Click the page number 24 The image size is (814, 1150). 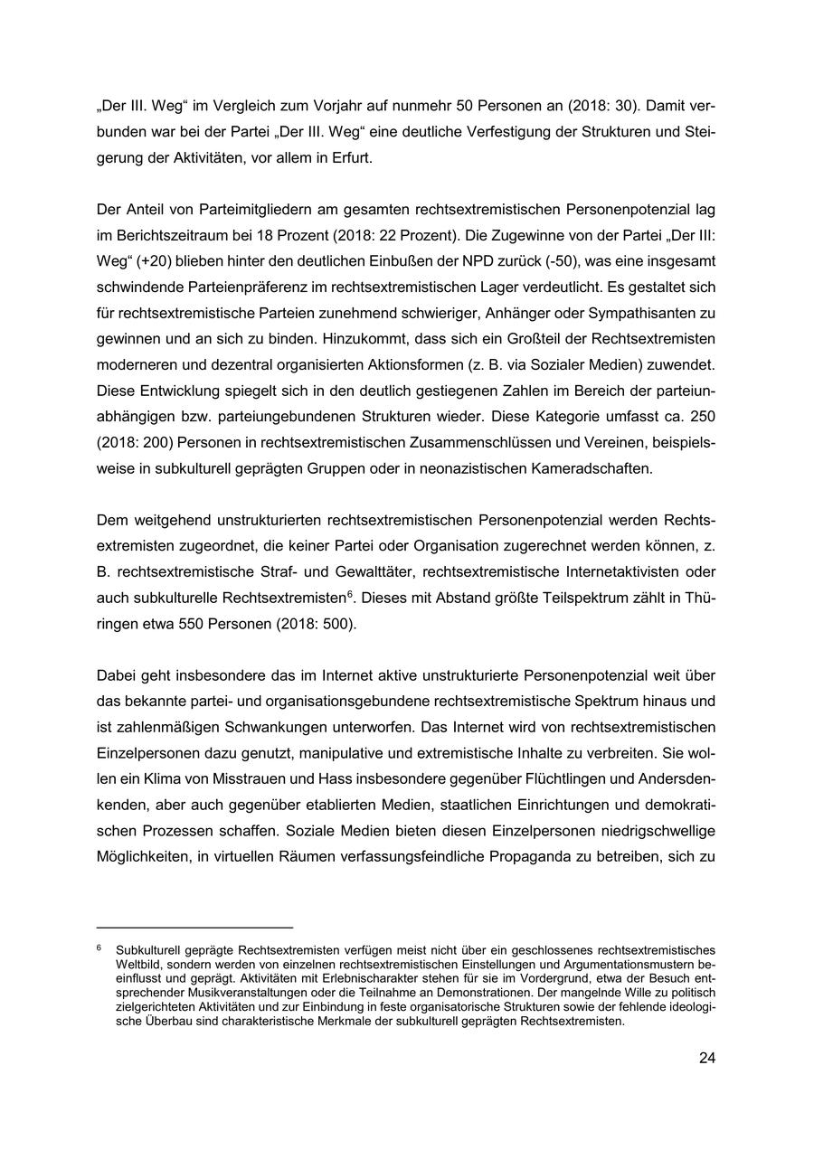point(706,1058)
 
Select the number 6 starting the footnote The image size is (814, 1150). point(99,949)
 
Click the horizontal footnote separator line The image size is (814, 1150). point(194,927)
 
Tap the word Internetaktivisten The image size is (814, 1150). point(575,572)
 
